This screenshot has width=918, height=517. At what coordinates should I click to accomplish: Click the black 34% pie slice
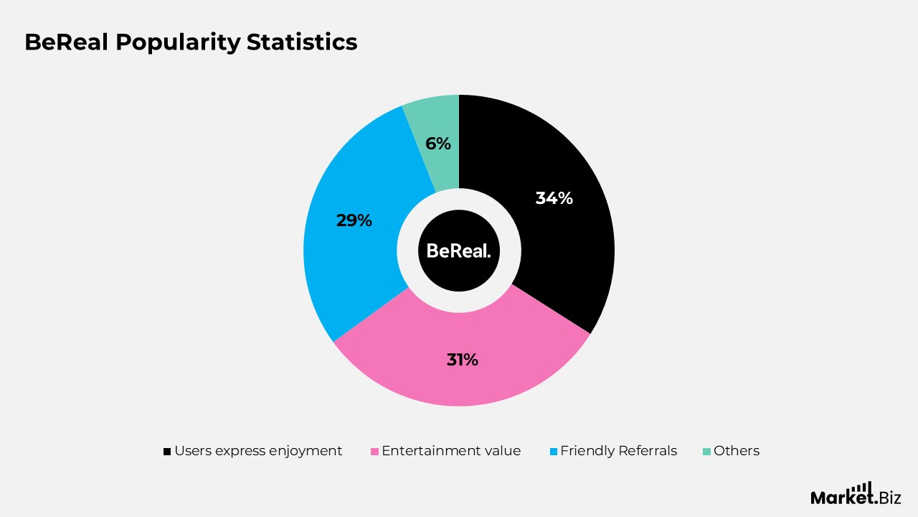(567, 237)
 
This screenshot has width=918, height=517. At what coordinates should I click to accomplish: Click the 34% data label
(554, 198)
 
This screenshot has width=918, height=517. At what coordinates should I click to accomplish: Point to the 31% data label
(462, 360)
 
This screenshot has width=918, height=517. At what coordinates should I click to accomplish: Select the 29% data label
(354, 220)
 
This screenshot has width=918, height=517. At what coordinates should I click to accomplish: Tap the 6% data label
(437, 144)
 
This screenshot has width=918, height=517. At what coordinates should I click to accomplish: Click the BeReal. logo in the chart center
(459, 251)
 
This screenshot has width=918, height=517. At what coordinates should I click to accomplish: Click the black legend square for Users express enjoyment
(167, 452)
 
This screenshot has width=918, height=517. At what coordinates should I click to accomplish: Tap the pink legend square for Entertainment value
(374, 452)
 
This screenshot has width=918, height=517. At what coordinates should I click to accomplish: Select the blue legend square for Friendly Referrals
(553, 452)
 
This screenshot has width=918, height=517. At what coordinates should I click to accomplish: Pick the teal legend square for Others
(706, 452)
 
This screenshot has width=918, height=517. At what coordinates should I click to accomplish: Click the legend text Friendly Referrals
(618, 451)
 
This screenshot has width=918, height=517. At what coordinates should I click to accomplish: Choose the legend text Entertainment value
(451, 451)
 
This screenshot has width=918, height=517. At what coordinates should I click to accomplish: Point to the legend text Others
(736, 451)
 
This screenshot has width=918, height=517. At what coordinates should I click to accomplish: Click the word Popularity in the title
(177, 42)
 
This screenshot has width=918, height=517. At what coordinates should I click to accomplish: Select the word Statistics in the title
(302, 42)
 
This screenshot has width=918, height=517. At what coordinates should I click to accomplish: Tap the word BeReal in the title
(66, 42)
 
